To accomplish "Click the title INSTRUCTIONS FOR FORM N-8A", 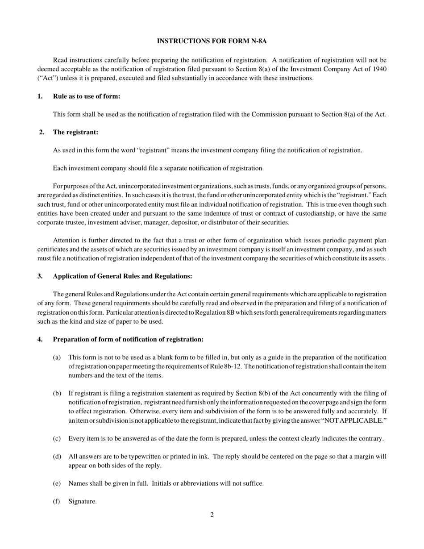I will coord(212,41).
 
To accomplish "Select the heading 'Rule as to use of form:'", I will coord(87,96).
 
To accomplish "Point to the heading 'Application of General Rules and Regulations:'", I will coord(122,276).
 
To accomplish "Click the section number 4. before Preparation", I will coord(40,339).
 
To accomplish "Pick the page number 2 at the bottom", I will coord(212,515).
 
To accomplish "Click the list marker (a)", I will coord(57,357).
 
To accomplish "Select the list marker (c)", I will coord(57,438).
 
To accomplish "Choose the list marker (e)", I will coord(57,483).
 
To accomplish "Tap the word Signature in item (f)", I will coord(82,501).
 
